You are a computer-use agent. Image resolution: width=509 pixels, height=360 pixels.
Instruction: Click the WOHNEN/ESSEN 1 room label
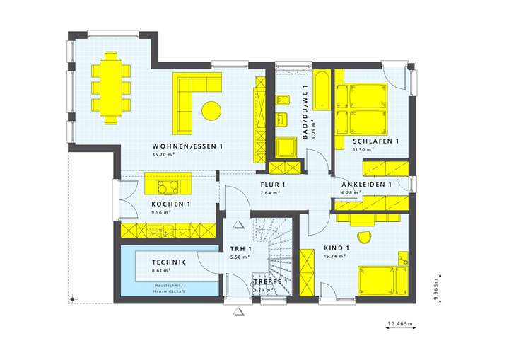(x=188, y=146)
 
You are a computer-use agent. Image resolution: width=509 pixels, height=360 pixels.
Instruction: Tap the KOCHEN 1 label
(x=170, y=204)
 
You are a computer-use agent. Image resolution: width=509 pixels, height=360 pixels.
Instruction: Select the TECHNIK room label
(x=169, y=262)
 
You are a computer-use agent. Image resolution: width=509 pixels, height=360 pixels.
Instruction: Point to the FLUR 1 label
(x=272, y=185)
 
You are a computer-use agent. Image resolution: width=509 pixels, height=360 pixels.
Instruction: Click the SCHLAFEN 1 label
(x=376, y=141)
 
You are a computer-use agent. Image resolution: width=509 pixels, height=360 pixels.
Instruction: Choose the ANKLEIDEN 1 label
(x=366, y=185)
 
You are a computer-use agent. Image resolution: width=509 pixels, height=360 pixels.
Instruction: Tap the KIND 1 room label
(x=337, y=248)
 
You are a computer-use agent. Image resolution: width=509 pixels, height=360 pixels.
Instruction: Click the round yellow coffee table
(x=211, y=110)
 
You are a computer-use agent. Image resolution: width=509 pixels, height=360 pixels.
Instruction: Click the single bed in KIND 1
(x=382, y=280)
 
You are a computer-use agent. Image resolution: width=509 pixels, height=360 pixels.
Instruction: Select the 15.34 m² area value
(x=334, y=257)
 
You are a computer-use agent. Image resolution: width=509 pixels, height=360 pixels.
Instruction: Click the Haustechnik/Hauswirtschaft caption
(x=169, y=288)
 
